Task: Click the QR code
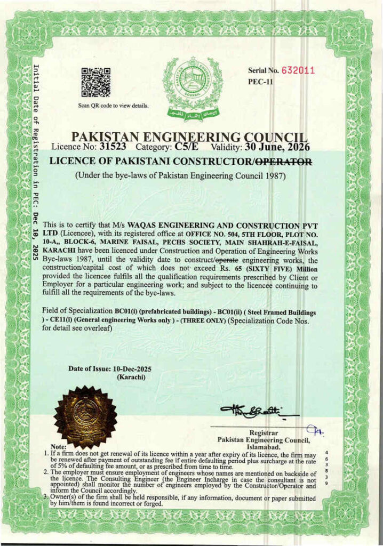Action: [96, 82]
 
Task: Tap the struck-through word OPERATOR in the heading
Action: [282, 160]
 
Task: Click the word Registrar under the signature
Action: [264, 432]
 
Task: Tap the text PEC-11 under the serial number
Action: [261, 82]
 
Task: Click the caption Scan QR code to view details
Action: [114, 106]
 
